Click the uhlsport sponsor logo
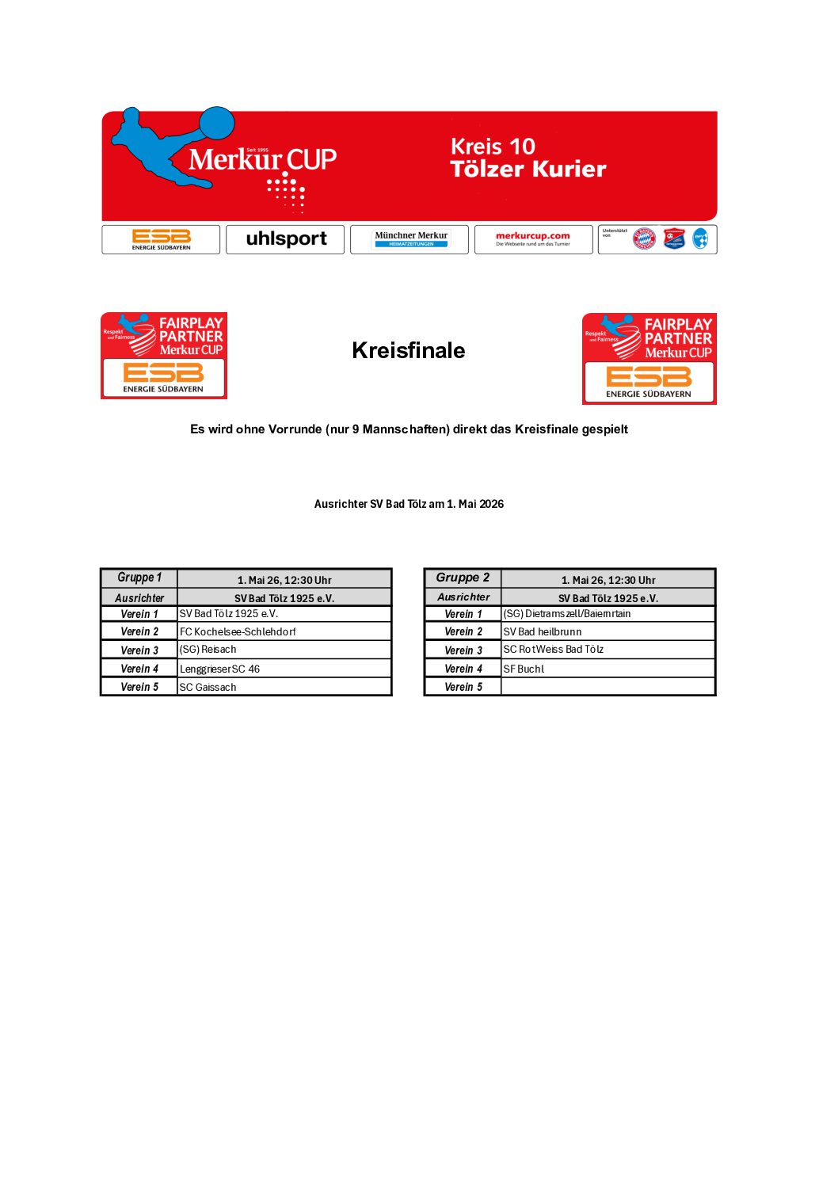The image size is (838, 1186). (285, 239)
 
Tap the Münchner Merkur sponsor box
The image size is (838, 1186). (409, 239)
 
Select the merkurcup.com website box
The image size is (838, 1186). (533, 239)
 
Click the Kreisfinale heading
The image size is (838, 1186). (408, 351)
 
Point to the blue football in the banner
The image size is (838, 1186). (216, 124)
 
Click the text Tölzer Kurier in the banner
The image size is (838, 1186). (528, 170)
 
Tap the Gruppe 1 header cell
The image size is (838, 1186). (139, 578)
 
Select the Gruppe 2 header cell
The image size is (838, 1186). (463, 578)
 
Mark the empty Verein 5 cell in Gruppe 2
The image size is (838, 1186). (608, 688)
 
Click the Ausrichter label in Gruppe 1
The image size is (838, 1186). (139, 598)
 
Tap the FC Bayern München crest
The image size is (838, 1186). (644, 239)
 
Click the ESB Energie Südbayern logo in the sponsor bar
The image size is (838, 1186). (161, 239)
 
